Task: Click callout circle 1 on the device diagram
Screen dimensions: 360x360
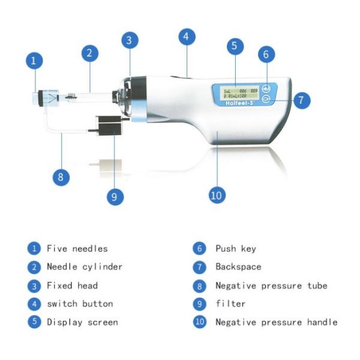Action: point(34,60)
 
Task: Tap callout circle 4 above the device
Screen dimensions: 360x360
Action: point(187,37)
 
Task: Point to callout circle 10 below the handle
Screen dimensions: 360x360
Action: point(217,195)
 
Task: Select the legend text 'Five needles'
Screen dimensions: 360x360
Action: point(77,248)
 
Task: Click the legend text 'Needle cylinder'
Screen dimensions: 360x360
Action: point(85,266)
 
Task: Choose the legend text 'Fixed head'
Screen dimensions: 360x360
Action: point(72,285)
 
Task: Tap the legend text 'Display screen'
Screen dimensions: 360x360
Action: point(82,322)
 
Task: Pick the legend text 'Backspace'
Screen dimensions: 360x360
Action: point(238,266)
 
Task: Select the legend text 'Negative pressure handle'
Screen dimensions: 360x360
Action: point(276,322)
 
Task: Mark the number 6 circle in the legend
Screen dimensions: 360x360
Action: point(199,248)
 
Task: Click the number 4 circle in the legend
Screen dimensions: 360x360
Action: point(35,304)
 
